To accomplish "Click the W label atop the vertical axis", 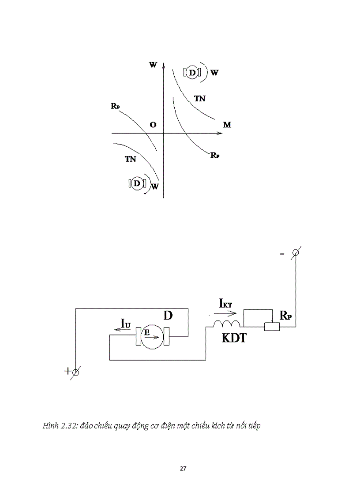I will [x=153, y=65].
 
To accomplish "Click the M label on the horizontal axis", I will [x=227, y=125].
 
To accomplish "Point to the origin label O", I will [x=153, y=125].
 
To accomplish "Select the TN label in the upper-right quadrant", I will [x=200, y=99].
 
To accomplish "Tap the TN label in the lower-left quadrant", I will [x=130, y=159].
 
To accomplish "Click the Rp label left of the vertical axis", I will [x=116, y=106].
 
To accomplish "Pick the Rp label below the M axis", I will [x=215, y=156].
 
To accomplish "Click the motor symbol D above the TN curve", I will [x=192, y=72].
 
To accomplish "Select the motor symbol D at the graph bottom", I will [x=137, y=183].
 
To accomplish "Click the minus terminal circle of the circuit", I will [x=296, y=253].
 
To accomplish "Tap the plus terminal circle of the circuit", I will [x=75, y=372].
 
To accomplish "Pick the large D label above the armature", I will [x=168, y=316].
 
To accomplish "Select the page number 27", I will [x=183, y=469].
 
